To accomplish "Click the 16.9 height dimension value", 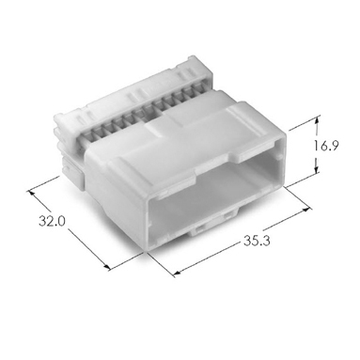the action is (x=326, y=146).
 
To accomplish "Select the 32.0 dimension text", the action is (x=52, y=221).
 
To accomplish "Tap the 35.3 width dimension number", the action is (x=257, y=241).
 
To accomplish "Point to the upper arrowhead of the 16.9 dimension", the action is (x=318, y=120).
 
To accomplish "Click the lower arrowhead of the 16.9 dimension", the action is (x=317, y=168).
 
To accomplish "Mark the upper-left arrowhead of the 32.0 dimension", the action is (x=32, y=194).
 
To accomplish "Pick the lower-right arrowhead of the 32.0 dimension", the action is (x=106, y=267).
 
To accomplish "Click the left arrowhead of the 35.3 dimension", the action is (x=177, y=274).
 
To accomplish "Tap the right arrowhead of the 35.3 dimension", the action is (x=308, y=210).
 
